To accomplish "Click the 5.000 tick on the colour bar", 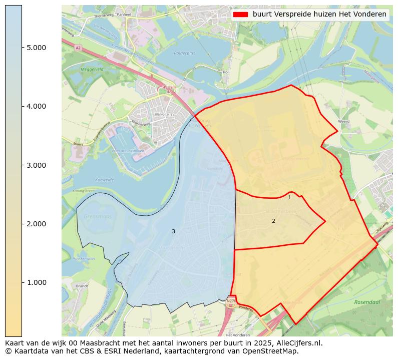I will click(37, 48).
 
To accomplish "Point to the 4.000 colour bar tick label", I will click(37, 106).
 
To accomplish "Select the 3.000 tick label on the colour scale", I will click(37, 165).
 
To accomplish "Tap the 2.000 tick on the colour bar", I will click(37, 224).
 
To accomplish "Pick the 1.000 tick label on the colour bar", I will click(37, 282).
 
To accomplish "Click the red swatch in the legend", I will click(240, 15).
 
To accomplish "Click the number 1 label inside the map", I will click(289, 198).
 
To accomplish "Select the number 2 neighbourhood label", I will click(273, 221).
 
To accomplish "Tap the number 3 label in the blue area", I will click(173, 232).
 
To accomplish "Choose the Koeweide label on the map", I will click(104, 180).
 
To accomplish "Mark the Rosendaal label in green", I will click(368, 302).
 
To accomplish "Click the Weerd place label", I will click(344, 122).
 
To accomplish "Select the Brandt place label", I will click(82, 286).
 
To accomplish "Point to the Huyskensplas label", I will click(84, 259).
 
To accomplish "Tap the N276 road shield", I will click(231, 301).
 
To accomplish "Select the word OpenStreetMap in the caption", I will click(273, 351).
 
